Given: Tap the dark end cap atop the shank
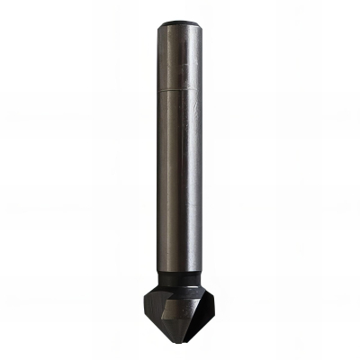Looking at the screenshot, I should (x=180, y=23).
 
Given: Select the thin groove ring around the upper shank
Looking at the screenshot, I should (x=180, y=91).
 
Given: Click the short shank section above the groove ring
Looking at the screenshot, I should (x=180, y=58).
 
